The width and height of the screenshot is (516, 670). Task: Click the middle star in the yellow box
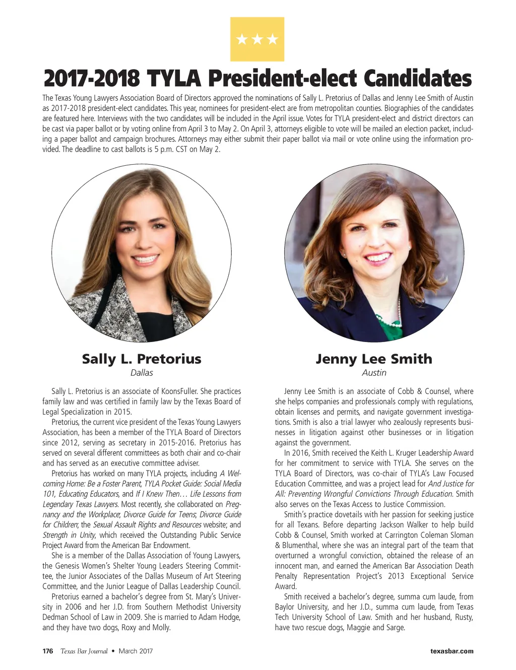click(x=257, y=39)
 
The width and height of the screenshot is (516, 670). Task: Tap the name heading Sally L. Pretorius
click(x=142, y=359)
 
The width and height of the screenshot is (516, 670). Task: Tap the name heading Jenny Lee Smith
click(x=374, y=359)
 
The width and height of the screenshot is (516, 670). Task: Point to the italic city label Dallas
click(x=142, y=373)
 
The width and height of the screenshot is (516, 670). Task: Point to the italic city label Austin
click(x=374, y=373)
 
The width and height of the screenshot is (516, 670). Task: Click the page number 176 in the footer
click(x=48, y=651)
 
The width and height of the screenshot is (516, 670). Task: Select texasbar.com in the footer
click(x=452, y=651)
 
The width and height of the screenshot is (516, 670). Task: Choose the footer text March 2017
click(x=136, y=651)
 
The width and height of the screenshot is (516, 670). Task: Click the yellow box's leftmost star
click(x=242, y=39)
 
